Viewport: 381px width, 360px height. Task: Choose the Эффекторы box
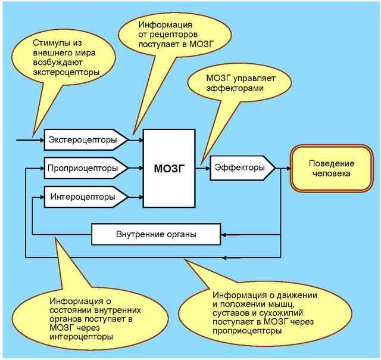tap(241, 168)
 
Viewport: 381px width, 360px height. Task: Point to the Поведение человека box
tap(331, 169)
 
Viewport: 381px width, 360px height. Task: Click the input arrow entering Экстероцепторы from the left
tap(30, 141)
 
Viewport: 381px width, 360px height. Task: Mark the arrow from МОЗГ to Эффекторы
tap(203, 168)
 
